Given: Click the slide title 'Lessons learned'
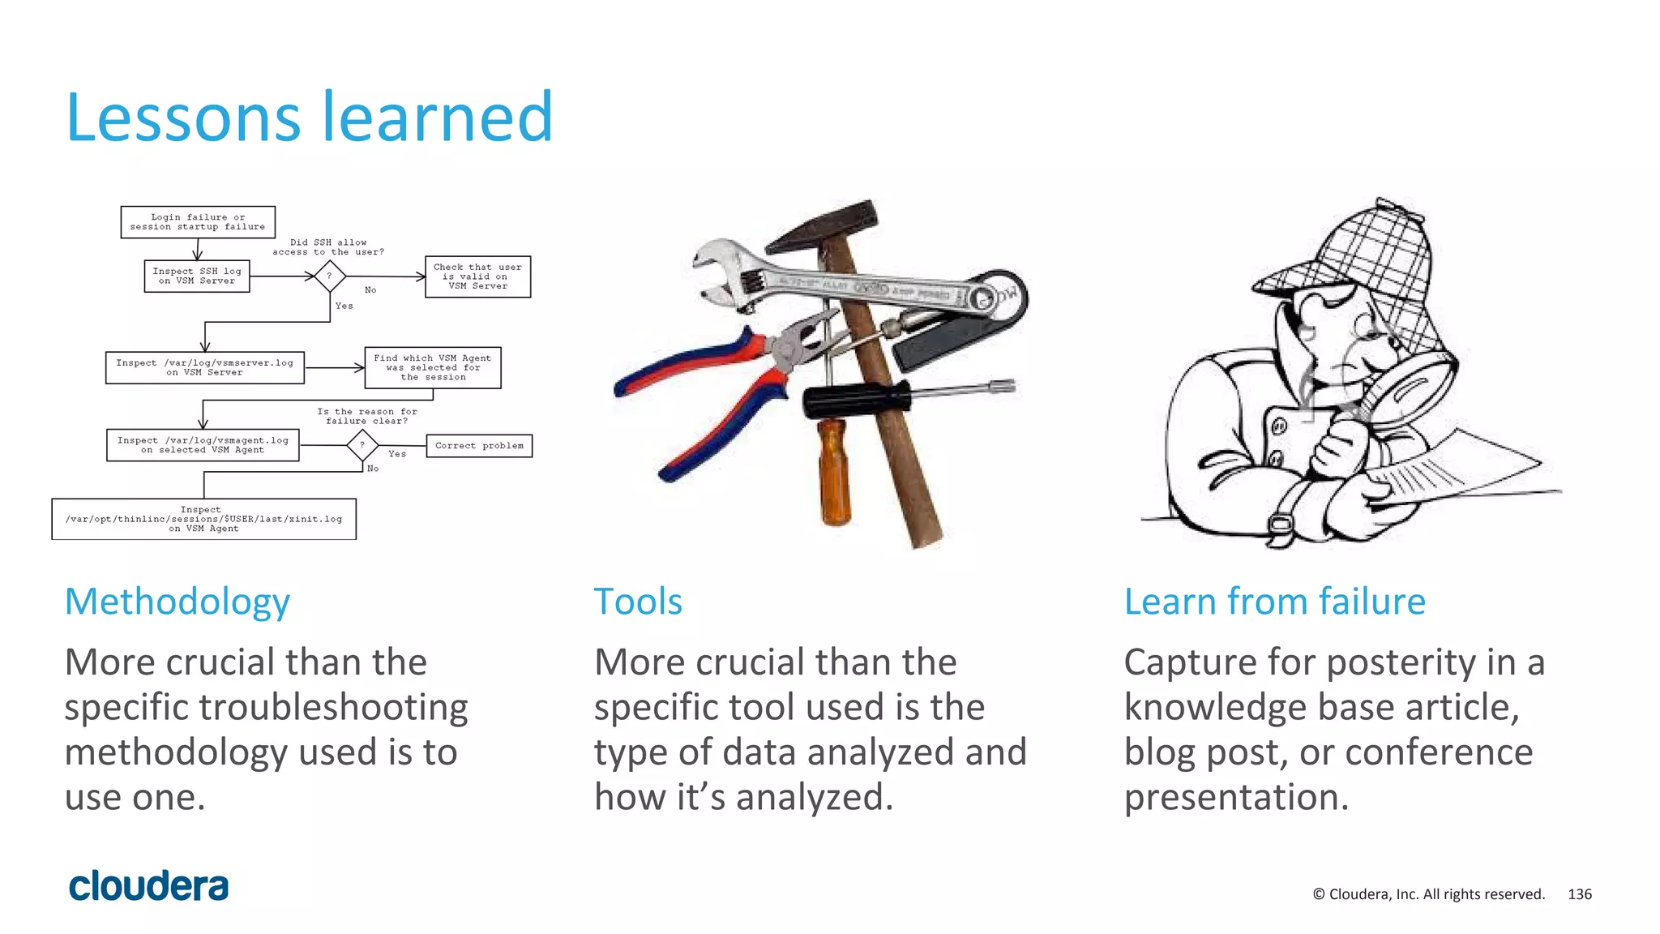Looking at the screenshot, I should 309,118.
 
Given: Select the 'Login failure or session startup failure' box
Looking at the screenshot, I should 198,222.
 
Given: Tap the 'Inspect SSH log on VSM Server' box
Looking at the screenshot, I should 197,276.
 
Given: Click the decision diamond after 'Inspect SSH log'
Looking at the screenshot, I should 329,276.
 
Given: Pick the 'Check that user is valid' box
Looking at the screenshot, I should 477,276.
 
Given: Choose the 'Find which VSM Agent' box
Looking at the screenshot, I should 433,367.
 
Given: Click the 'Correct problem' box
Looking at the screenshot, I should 479,446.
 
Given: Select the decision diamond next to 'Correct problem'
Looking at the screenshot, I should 362,445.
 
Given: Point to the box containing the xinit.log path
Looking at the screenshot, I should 203,519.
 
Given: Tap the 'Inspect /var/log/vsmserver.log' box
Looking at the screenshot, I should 204,367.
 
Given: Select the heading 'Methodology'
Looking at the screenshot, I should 177,602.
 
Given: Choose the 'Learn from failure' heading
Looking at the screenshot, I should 1274,602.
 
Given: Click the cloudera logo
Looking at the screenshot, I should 148,886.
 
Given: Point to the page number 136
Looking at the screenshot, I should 1580,894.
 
